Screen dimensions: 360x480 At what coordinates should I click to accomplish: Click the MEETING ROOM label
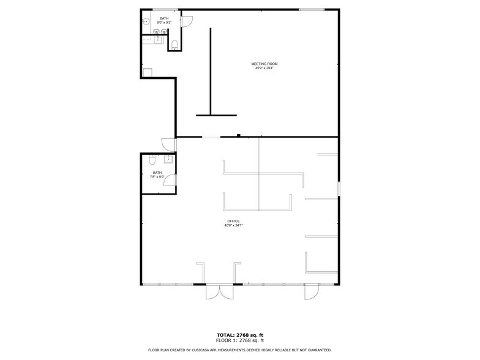point(264,64)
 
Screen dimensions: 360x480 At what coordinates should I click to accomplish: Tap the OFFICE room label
point(233,221)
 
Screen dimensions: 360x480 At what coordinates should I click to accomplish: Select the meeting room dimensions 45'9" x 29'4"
point(264,68)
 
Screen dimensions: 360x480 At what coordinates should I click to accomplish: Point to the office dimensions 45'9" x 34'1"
point(233,225)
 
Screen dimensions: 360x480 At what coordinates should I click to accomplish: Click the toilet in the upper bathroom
point(174,43)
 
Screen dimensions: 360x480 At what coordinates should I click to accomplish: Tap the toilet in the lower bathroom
point(152,161)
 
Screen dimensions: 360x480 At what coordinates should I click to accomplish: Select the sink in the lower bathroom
point(168,160)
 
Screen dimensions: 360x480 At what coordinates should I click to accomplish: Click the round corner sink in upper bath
point(146,21)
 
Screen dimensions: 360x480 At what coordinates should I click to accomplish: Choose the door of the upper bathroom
point(187,21)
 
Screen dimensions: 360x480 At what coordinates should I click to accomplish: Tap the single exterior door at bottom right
point(311,293)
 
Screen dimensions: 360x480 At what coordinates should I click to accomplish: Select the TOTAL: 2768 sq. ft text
point(239,335)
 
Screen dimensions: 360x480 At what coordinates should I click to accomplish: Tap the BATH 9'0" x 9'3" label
point(163,21)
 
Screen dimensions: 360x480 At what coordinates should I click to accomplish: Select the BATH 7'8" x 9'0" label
point(157,174)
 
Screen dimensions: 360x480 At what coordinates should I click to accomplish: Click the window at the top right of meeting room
point(312,9)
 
